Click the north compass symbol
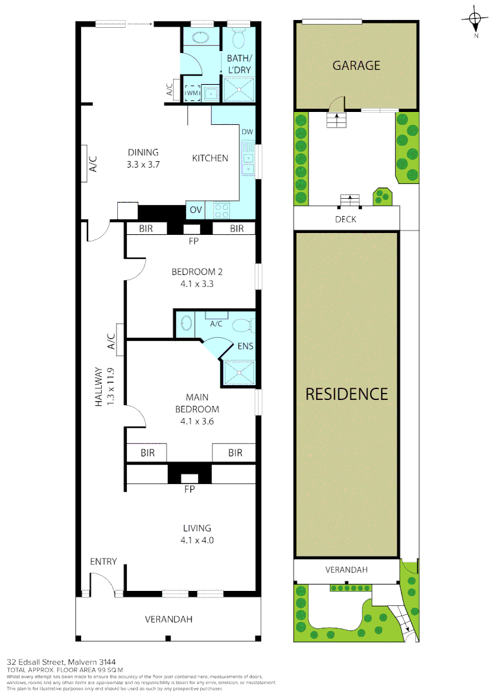point(476,21)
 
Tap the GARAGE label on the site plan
point(356,65)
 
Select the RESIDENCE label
point(347,394)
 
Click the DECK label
point(345,219)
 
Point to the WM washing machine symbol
point(192,94)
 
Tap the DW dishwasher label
point(247,132)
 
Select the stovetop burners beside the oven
point(222,210)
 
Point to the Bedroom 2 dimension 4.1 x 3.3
point(192,283)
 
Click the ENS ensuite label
point(245,346)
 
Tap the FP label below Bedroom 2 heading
point(192,242)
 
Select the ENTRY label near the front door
point(103,561)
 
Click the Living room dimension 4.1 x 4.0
point(197,540)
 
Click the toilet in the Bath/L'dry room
point(238,40)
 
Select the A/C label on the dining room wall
point(93,164)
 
